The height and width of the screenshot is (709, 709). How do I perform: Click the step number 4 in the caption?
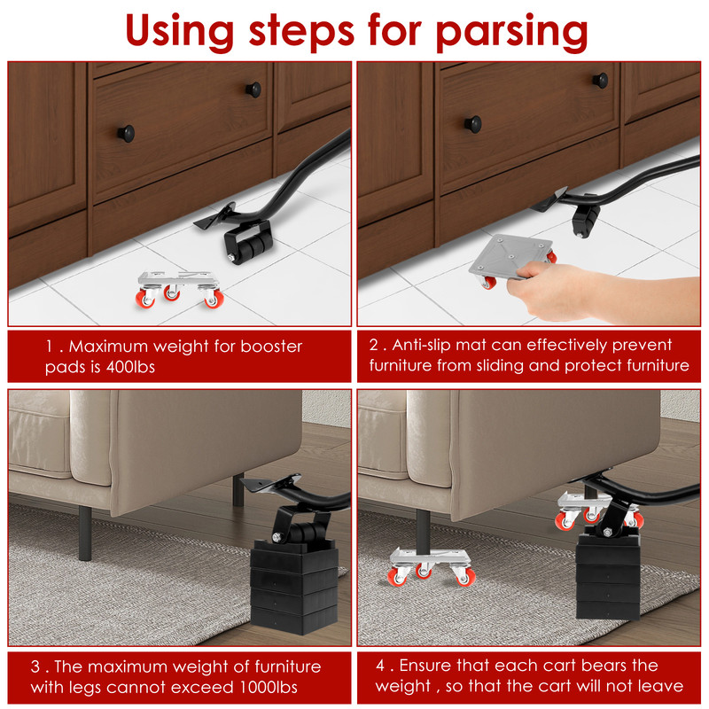[380, 665]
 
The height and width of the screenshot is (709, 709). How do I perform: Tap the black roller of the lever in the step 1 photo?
[248, 240]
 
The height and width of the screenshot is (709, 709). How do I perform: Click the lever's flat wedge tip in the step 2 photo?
[548, 200]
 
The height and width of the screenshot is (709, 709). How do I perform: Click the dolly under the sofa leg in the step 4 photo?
[431, 563]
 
